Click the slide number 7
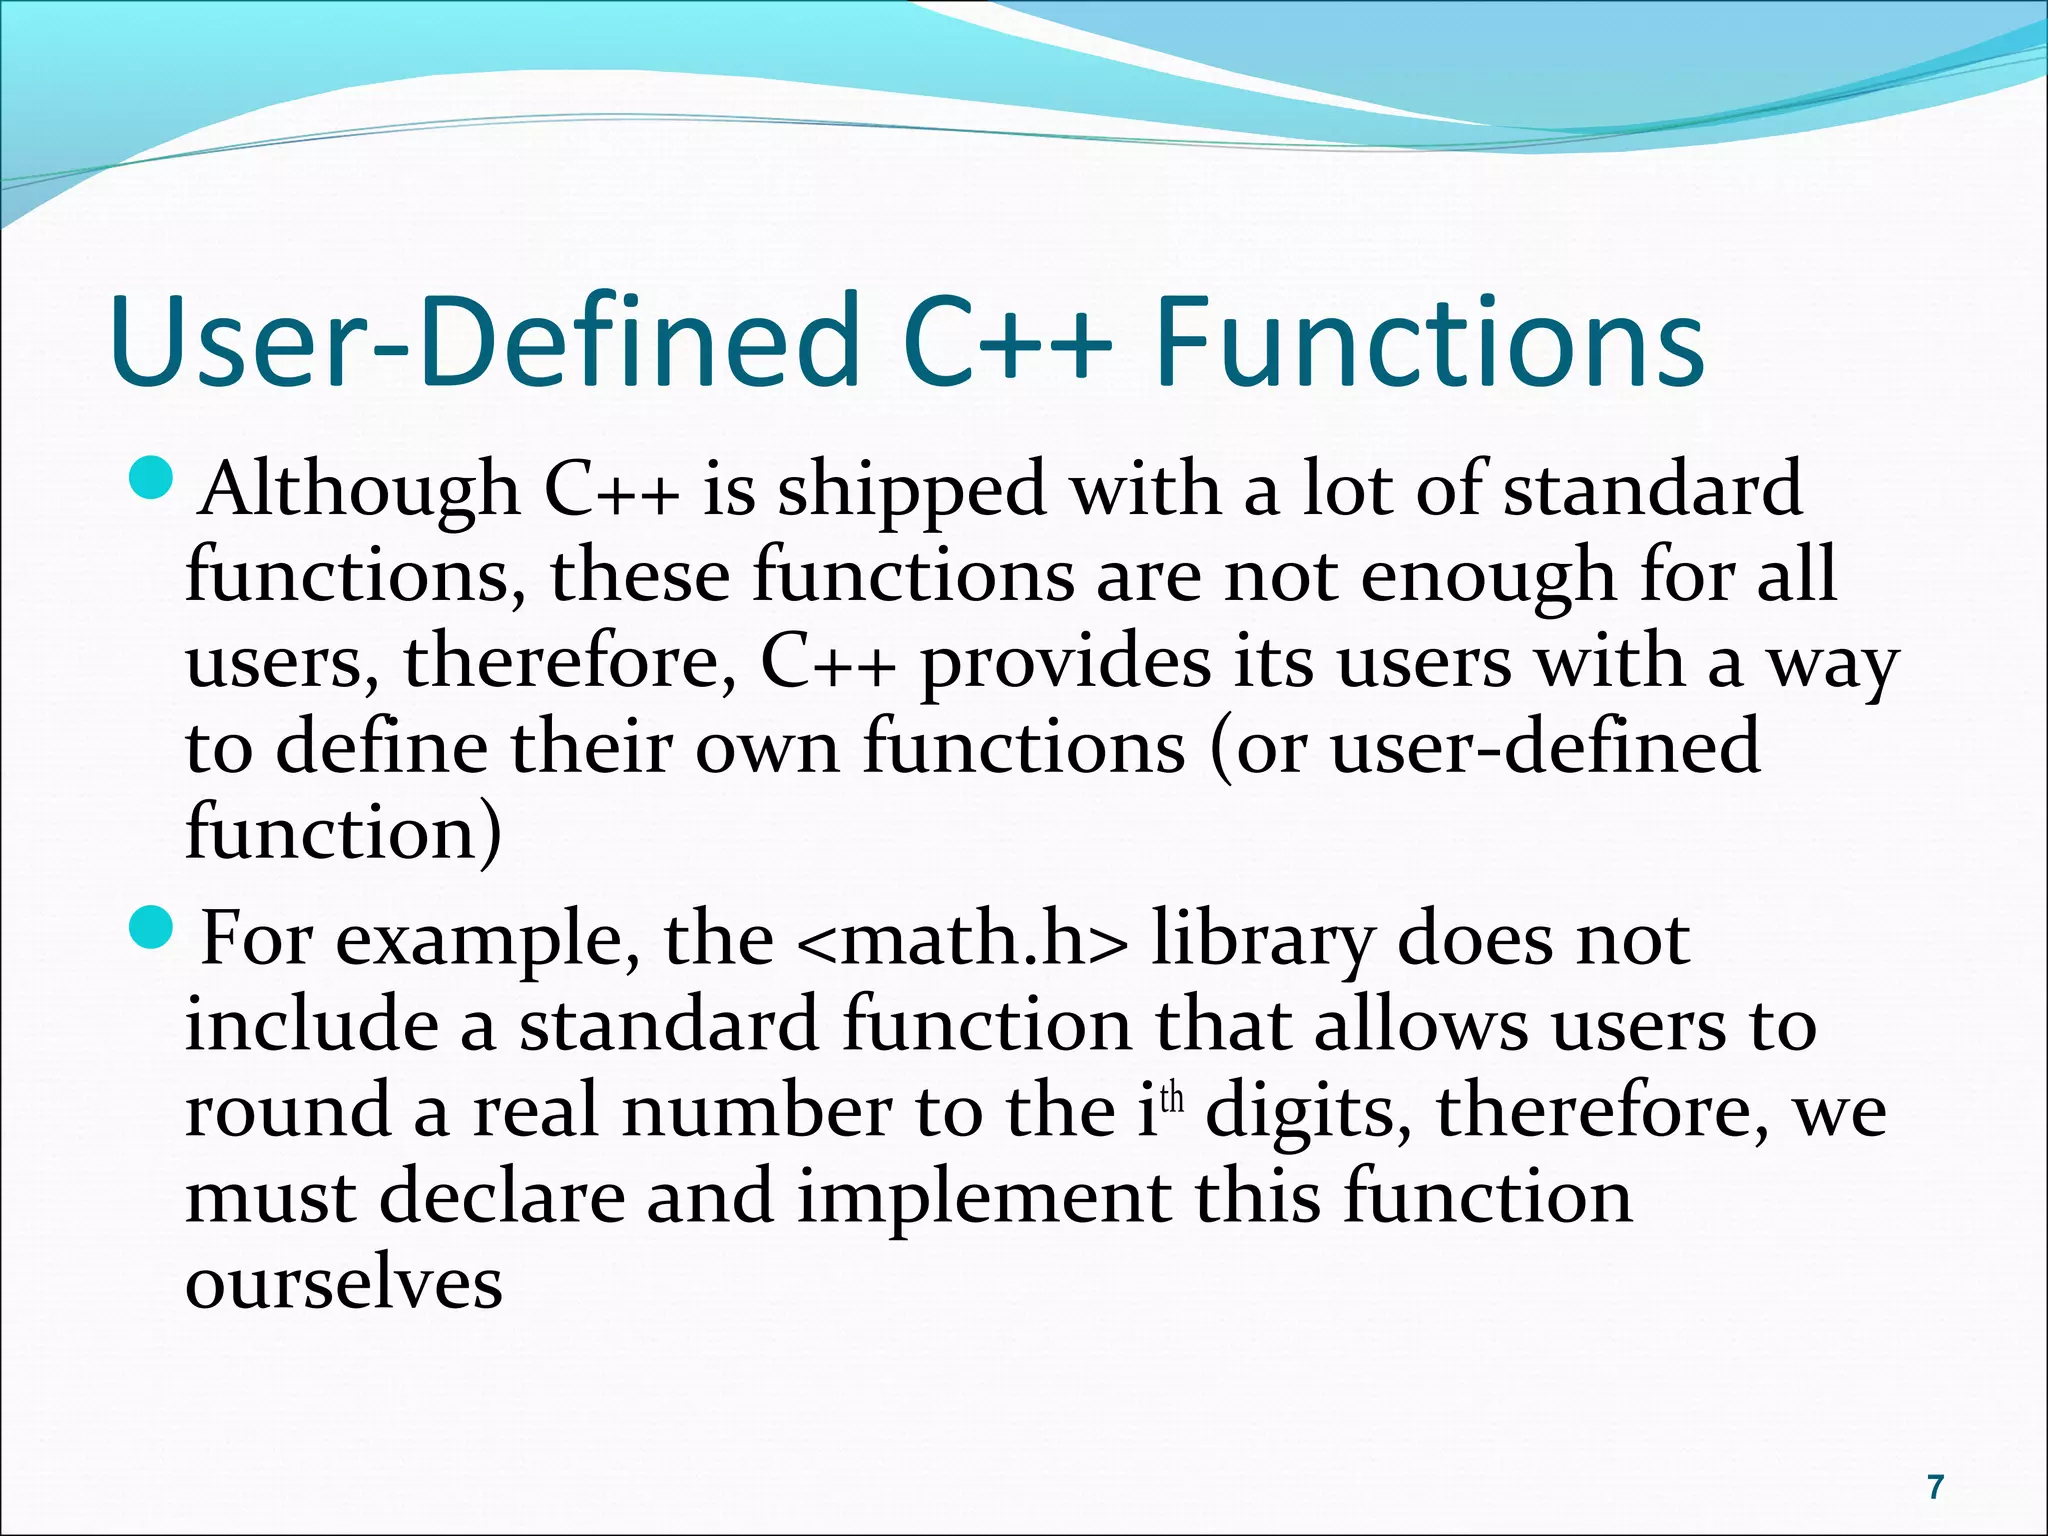pos(1935,1487)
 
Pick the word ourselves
pos(343,1284)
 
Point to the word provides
pos(1064,664)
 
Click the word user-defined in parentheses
pos(1545,748)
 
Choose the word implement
pos(984,1198)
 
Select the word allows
pos(1421,1026)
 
